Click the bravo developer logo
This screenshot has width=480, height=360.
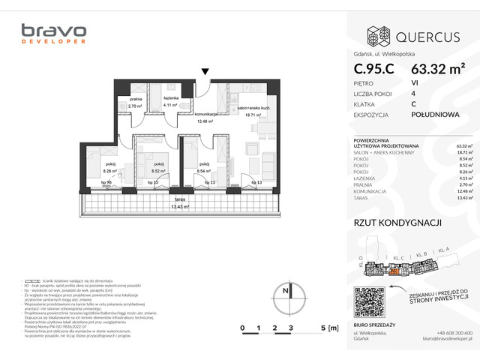coord(53,34)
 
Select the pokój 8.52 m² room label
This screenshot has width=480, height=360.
coord(158,167)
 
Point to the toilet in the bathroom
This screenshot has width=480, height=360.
coord(183,106)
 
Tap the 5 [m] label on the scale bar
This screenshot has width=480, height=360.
coord(328,328)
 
